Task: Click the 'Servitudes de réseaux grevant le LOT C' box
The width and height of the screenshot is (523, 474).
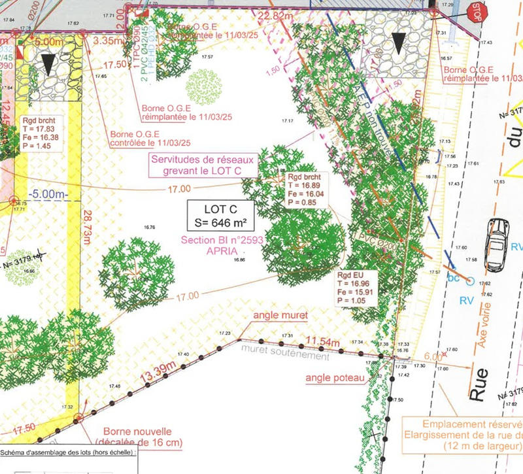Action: (x=203, y=165)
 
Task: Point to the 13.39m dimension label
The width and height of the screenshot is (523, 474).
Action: (x=158, y=373)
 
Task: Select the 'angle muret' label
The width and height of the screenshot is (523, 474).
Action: (x=280, y=316)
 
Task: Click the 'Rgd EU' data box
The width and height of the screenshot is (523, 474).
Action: (x=356, y=288)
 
